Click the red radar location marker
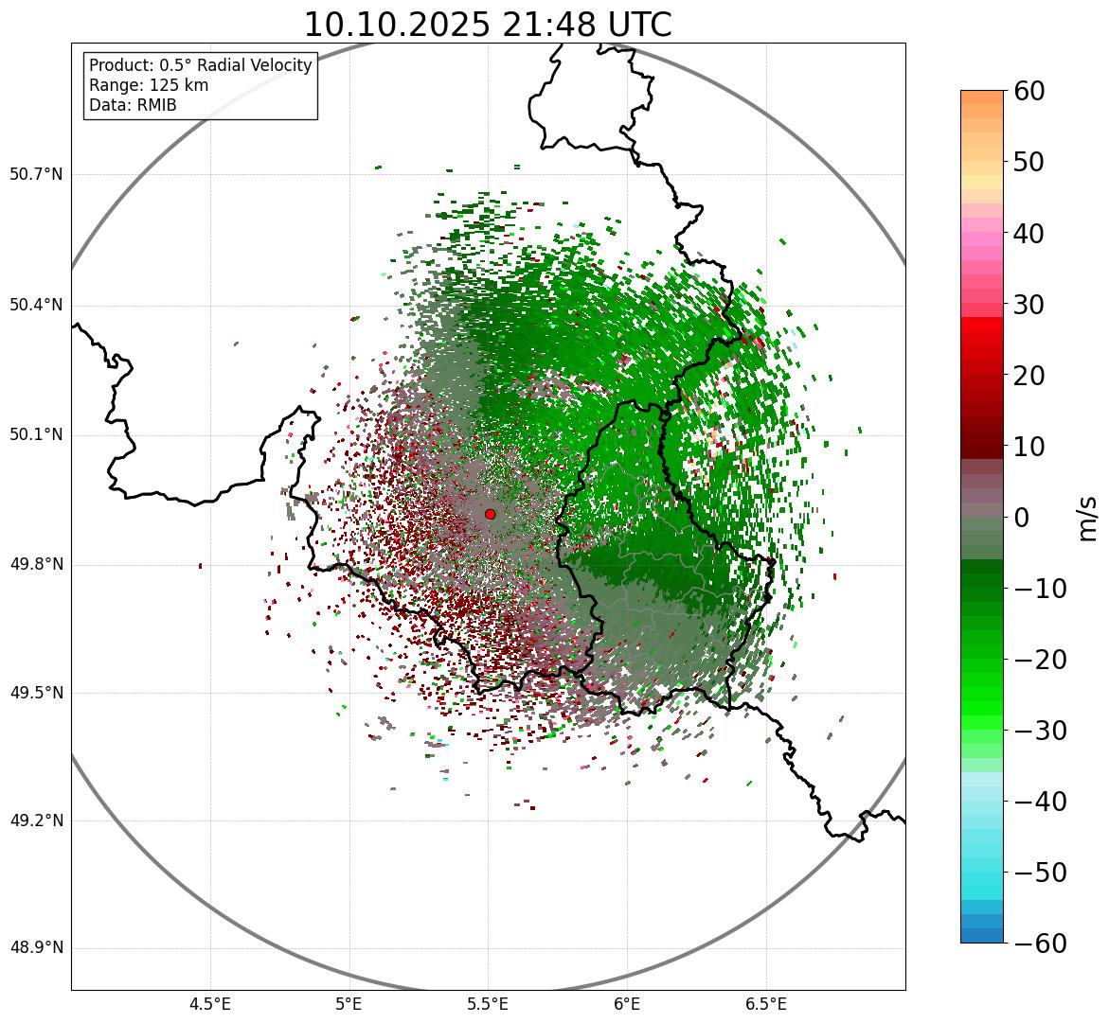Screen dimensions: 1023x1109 (490, 514)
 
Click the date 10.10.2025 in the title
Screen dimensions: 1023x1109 (396, 25)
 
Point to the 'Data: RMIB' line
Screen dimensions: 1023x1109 (133, 105)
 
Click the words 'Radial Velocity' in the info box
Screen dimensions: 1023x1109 (254, 65)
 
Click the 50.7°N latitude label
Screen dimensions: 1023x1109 (36, 174)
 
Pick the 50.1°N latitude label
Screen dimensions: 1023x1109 (36, 435)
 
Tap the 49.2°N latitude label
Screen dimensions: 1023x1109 (36, 820)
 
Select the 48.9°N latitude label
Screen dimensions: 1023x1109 (36, 948)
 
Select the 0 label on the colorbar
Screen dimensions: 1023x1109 (1022, 518)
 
